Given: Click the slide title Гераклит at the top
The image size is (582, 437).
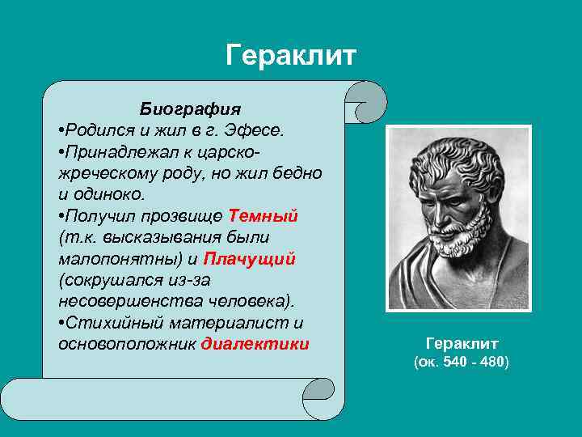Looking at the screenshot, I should tap(291, 56).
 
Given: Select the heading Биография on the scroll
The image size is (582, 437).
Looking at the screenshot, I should tap(190, 108).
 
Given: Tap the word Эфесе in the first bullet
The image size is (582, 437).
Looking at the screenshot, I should tap(257, 130).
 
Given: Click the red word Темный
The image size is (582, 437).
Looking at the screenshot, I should tap(264, 216).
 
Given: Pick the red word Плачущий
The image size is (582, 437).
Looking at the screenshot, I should tap(250, 259).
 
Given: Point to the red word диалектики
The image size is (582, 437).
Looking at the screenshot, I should tap(255, 343).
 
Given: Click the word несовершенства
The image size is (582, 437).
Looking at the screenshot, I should tap(119, 301).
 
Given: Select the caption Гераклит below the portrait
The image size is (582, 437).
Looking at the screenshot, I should tap(462, 343).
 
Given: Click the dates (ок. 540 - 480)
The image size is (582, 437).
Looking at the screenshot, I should tap(462, 363).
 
